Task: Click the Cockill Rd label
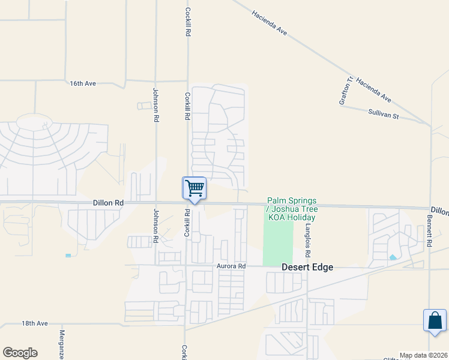click(187, 23)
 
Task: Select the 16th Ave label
click(83, 83)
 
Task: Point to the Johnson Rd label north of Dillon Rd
click(155, 106)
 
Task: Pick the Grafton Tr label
click(345, 90)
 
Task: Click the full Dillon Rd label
click(108, 203)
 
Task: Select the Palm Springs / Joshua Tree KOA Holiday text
click(292, 209)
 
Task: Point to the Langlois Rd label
click(307, 237)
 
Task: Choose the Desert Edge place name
click(308, 267)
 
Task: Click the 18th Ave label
click(35, 323)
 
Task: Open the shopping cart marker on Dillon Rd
click(194, 188)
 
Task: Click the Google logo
click(20, 353)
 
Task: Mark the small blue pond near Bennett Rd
click(393, 257)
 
